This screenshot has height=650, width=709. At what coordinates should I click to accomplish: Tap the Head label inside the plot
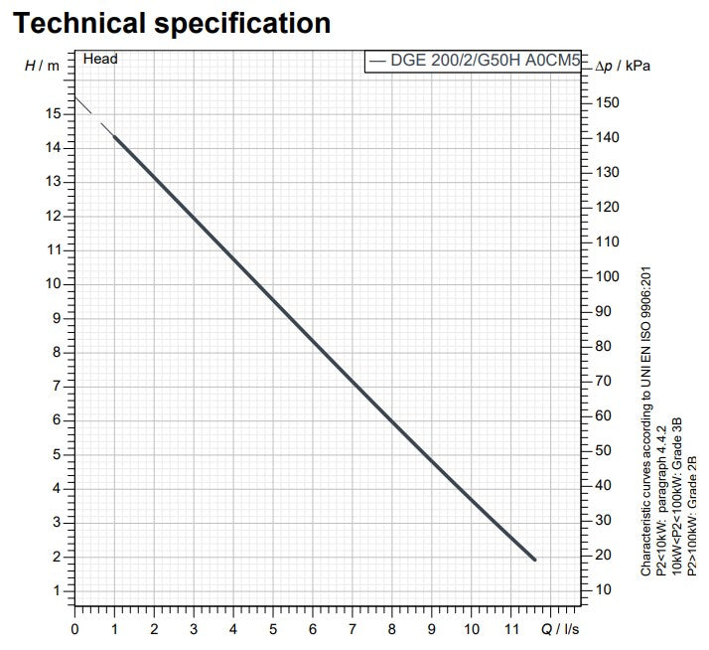click(100, 60)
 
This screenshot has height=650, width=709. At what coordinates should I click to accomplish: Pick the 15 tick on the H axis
click(54, 114)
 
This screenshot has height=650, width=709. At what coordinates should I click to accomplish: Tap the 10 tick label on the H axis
click(54, 284)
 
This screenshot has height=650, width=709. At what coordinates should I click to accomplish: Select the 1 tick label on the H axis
click(57, 590)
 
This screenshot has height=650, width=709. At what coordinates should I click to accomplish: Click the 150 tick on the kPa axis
click(608, 103)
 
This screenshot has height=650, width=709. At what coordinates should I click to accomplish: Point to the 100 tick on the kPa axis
click(608, 276)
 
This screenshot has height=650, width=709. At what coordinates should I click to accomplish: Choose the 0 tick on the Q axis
click(74, 628)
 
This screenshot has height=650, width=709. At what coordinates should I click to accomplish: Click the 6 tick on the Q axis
click(313, 628)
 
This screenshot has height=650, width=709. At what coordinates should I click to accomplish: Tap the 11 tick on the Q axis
click(510, 628)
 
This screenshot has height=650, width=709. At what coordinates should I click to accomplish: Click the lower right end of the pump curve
click(534, 559)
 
